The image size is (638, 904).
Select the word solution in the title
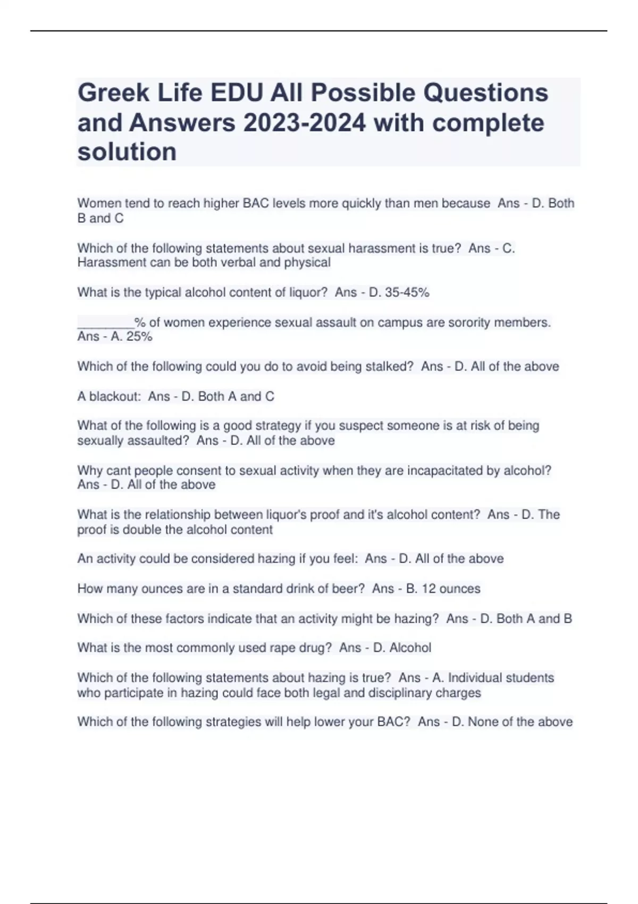127,152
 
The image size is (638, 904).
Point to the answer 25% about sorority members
139,337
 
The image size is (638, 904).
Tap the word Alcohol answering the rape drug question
410,648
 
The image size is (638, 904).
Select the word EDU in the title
237,94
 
